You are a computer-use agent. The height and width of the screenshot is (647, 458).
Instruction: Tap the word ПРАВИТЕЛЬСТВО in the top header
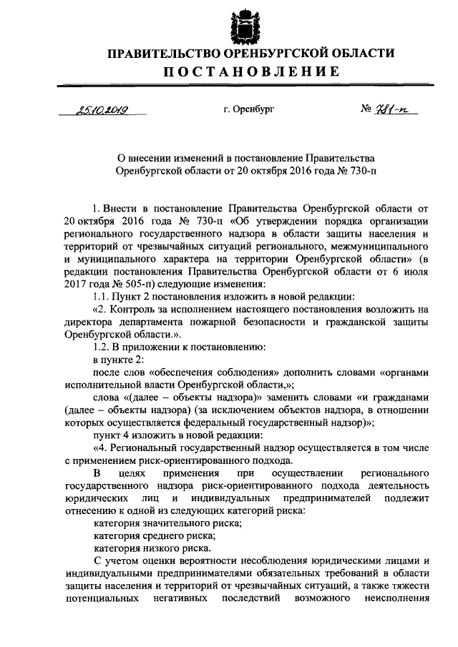(x=162, y=54)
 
